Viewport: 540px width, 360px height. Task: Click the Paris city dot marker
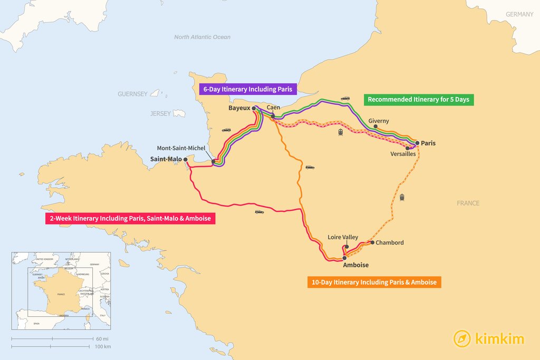[417, 143]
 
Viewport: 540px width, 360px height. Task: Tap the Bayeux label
[239, 108]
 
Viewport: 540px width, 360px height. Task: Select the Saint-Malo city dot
[185, 159]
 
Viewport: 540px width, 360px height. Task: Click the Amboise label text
[356, 265]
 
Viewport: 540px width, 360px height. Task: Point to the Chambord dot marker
[372, 243]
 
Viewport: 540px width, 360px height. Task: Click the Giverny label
[379, 121]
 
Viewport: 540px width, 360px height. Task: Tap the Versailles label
[403, 154]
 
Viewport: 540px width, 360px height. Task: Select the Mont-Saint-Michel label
[181, 148]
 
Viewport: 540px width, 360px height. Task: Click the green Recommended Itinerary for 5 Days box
[419, 99]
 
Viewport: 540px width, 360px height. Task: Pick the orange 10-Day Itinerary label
[374, 283]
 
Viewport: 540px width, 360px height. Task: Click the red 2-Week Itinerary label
[130, 218]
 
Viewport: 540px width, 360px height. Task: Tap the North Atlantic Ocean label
[202, 37]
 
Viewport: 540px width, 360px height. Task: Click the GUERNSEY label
[132, 94]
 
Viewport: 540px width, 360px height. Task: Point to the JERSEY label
[160, 113]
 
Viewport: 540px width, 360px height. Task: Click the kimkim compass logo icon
[462, 338]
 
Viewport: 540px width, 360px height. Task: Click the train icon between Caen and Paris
[341, 132]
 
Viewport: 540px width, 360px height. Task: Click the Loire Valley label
[343, 237]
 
